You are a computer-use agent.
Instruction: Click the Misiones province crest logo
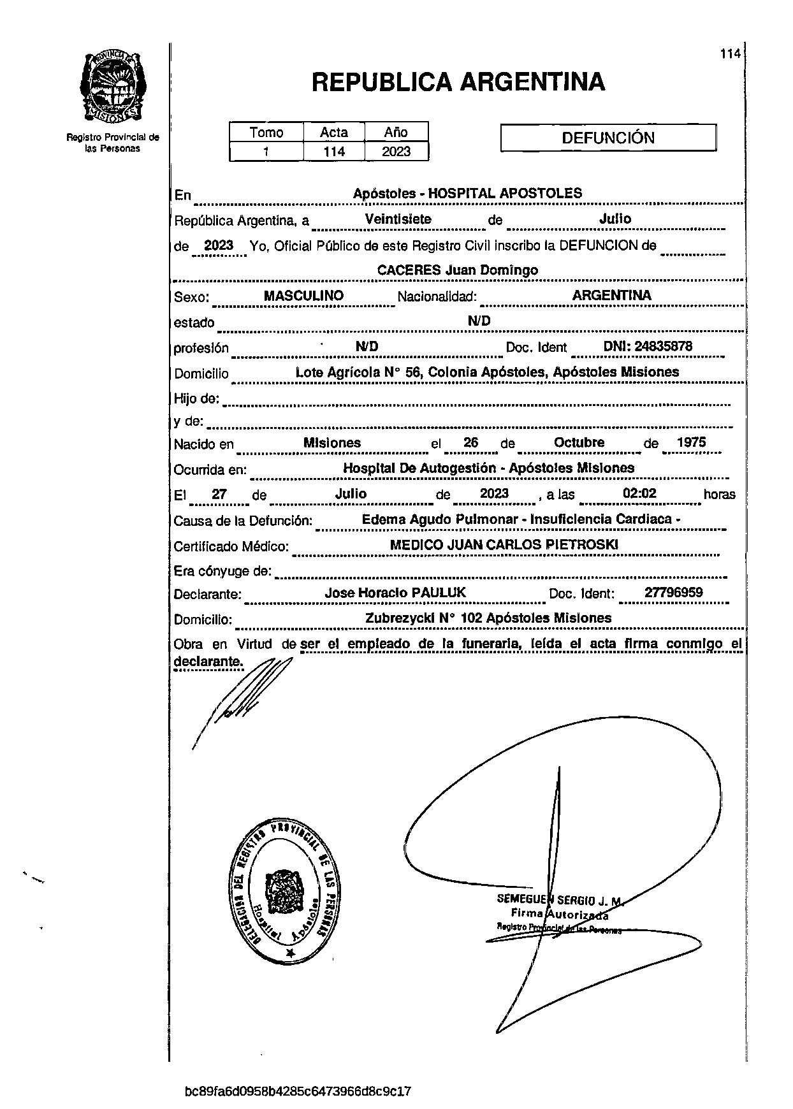click(x=113, y=87)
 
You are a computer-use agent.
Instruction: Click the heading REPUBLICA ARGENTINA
click(x=458, y=82)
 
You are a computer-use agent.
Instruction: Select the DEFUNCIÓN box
click(x=608, y=138)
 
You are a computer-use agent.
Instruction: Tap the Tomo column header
click(x=266, y=133)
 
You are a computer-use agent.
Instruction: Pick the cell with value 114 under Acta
click(x=333, y=152)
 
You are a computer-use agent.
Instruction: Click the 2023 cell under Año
click(x=396, y=152)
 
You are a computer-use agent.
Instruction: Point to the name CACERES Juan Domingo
click(x=457, y=270)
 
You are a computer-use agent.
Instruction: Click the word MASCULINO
click(x=303, y=296)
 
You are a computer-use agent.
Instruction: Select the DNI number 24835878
click(x=648, y=347)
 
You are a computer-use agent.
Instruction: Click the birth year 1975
click(x=691, y=442)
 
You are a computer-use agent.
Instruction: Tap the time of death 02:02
click(x=639, y=493)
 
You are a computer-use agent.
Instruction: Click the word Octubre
click(x=579, y=442)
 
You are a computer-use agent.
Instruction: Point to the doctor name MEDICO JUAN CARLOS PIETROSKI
click(x=504, y=544)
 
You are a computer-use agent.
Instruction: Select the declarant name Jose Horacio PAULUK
click(x=395, y=593)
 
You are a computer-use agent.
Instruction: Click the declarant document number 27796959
click(x=673, y=593)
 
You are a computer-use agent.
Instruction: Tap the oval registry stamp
click(x=284, y=889)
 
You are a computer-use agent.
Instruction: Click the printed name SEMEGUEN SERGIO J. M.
click(x=559, y=900)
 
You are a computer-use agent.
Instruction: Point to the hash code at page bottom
click(x=298, y=1091)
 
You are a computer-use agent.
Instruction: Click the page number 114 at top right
click(x=730, y=54)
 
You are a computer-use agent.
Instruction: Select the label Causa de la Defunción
click(x=243, y=521)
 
